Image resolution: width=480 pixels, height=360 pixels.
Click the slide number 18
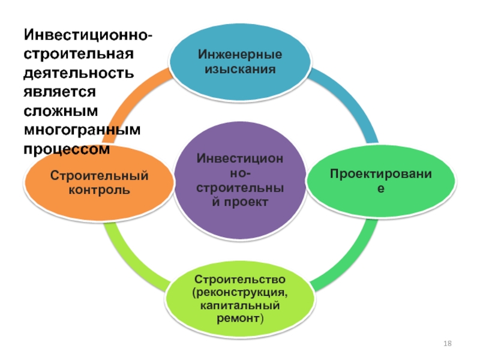[447, 344]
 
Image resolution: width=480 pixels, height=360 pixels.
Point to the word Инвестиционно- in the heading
[87, 38]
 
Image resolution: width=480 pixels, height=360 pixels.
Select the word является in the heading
[60, 94]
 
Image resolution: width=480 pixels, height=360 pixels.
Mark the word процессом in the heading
[67, 149]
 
